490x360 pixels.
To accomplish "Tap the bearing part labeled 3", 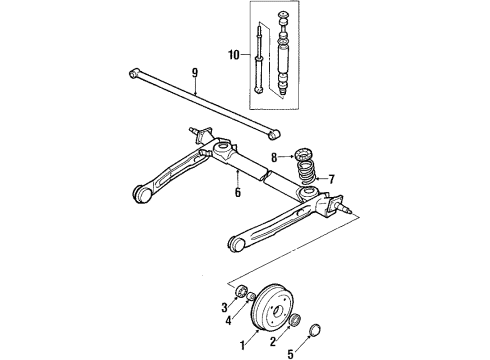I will pos(242,291).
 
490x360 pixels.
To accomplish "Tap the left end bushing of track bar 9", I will pos(135,71).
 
